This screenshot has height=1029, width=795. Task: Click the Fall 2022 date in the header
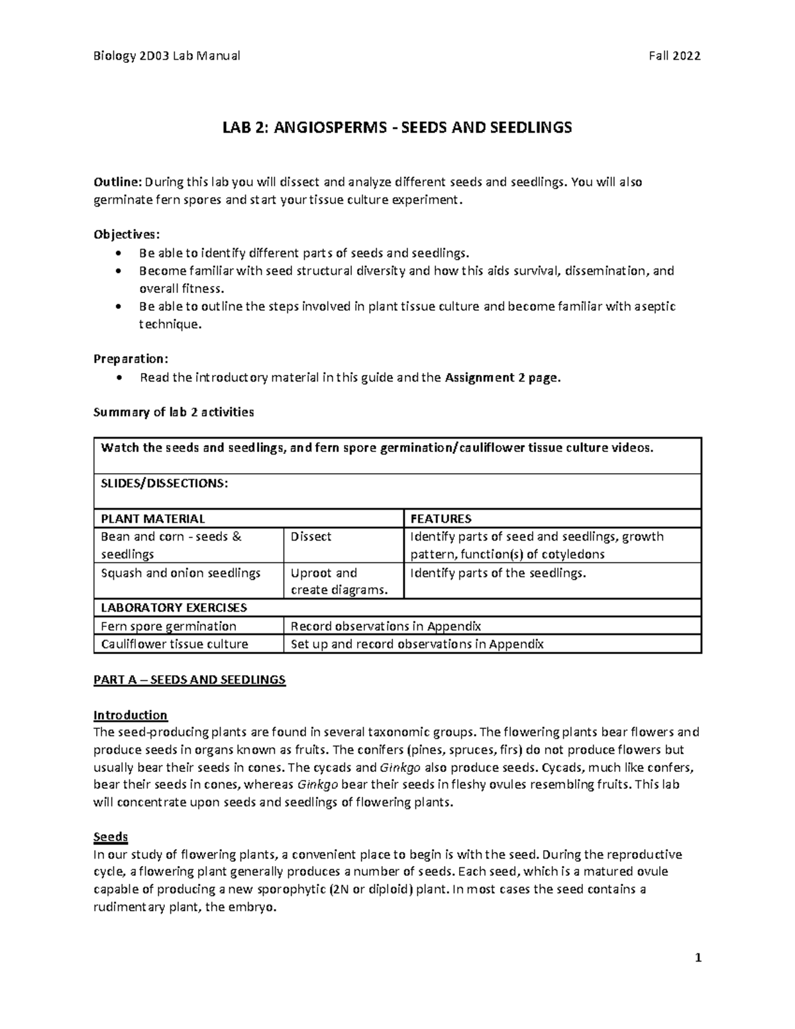coord(674,56)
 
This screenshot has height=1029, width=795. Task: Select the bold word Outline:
coord(117,182)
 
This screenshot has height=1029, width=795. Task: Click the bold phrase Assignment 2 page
coord(503,378)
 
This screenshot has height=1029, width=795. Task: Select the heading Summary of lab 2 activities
coord(174,412)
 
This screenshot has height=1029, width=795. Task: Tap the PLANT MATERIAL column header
coord(152,519)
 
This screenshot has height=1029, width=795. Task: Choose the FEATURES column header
coord(441,519)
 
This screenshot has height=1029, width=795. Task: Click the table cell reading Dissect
coord(311,537)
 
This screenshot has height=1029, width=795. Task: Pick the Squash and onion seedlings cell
coord(180,573)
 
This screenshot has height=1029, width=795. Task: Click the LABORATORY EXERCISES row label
coord(173,608)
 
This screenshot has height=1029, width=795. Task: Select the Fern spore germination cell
coord(168,626)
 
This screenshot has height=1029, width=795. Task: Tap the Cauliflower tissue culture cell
coord(174,644)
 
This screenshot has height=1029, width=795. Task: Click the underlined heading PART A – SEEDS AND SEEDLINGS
coord(189,680)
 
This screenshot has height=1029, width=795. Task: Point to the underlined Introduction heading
coord(131,715)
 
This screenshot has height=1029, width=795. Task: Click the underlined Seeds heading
coord(111,837)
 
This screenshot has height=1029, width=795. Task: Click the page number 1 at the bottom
coord(698,958)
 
